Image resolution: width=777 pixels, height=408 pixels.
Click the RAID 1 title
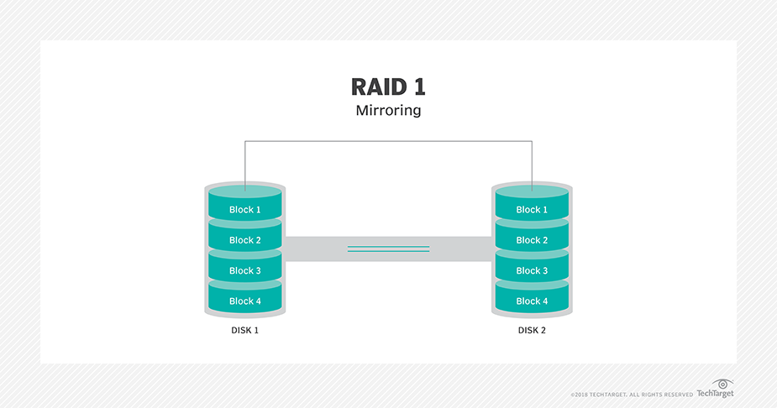pos(388,87)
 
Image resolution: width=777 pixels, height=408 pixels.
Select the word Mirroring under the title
pos(388,111)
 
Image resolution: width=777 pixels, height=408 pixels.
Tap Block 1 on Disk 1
pos(245,210)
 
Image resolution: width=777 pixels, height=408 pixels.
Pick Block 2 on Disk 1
pos(245,240)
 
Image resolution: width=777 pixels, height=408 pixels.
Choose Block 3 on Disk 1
pos(245,270)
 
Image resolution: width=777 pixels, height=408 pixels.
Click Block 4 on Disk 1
pos(245,301)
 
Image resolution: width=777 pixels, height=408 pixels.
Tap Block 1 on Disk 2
pos(532,210)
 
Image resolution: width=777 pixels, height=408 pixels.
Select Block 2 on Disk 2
pos(532,240)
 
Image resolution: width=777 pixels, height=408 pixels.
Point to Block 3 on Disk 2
pos(532,270)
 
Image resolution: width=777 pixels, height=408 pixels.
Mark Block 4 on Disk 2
pos(532,301)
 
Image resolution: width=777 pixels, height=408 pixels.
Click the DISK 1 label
pos(245,331)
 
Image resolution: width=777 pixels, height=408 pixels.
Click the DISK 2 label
pos(532,331)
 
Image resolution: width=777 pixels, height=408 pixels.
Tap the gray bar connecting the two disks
pos(319,249)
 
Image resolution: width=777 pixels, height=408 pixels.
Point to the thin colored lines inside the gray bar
pos(388,248)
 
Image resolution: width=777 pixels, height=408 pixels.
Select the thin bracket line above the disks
pos(388,142)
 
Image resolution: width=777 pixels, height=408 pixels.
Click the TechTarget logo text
pos(715,393)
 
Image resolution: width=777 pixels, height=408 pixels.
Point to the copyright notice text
pos(632,394)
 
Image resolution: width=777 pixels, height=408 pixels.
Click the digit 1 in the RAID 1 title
pos(417,87)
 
